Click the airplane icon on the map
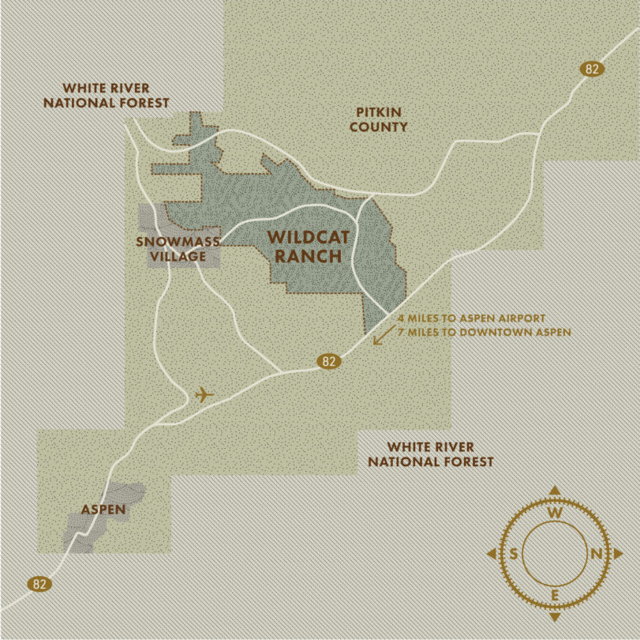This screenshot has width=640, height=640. coord(204,393)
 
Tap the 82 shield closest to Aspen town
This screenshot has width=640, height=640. coord(39,584)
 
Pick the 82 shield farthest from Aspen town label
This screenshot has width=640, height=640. coord(592,69)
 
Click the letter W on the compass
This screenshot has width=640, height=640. coord(555,513)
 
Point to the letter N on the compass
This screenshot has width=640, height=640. coord(597,554)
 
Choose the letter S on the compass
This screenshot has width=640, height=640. coord(514,554)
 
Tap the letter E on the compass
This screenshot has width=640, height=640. coord(555,595)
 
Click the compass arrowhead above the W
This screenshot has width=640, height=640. coord(555,490)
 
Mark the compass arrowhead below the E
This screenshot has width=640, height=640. coord(555,617)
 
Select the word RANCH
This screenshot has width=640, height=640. coord(308,256)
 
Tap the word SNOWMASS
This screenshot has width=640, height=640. coord(172,242)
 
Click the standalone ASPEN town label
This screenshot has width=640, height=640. coord(103,509)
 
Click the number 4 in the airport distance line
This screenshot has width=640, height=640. coord(401,318)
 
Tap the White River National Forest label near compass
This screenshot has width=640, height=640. coord(430,454)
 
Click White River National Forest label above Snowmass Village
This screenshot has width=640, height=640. coord(107,95)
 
